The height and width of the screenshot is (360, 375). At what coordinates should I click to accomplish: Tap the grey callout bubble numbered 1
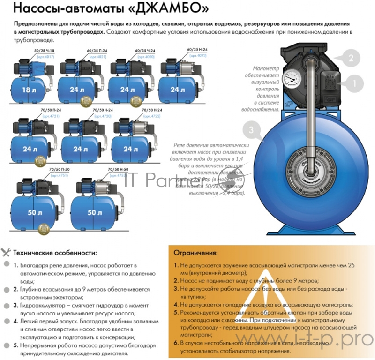pos(354,83)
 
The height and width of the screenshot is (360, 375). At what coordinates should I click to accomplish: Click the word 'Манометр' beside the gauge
pos(266,68)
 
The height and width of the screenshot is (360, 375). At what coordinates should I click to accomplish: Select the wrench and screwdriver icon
pos(6,252)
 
